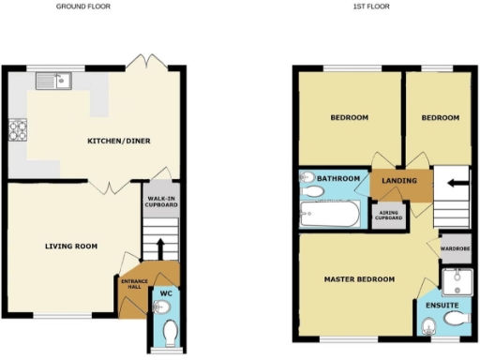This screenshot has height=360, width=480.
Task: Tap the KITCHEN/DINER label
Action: pyautogui.click(x=119, y=142)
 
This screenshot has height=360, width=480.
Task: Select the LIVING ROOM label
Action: pyautogui.click(x=72, y=247)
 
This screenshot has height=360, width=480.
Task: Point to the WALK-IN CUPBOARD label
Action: pyautogui.click(x=161, y=202)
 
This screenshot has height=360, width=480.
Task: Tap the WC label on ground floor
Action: pyautogui.click(x=166, y=293)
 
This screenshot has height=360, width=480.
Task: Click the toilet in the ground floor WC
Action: pyautogui.click(x=168, y=333)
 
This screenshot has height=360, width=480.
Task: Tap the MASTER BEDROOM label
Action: pyautogui.click(x=359, y=279)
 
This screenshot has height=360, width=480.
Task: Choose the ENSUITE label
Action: pyautogui.click(x=442, y=305)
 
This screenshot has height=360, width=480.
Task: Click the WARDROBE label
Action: pyautogui.click(x=454, y=247)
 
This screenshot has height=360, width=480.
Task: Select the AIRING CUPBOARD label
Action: pyautogui.click(x=389, y=215)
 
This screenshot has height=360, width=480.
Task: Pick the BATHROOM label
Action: pyautogui.click(x=337, y=178)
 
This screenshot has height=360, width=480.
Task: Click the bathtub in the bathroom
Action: pyautogui.click(x=330, y=215)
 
